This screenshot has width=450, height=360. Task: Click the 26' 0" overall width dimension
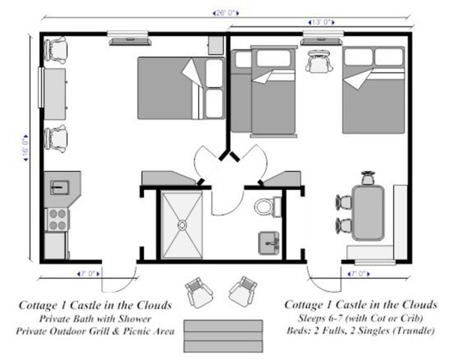click(225, 13)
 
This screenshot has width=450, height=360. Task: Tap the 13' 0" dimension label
click(320, 22)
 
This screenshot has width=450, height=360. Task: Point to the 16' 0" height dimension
click(27, 146)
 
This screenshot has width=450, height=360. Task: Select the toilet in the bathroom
click(265, 206)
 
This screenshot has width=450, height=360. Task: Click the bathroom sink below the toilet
click(268, 242)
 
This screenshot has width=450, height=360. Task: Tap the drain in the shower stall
click(181, 223)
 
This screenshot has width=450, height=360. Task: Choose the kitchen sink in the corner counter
click(58, 184)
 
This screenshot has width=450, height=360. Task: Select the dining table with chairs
click(369, 212)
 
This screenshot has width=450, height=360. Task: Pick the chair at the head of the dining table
click(368, 178)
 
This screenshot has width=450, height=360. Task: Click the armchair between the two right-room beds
click(319, 61)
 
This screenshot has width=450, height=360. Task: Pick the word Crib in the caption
click(408, 318)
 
